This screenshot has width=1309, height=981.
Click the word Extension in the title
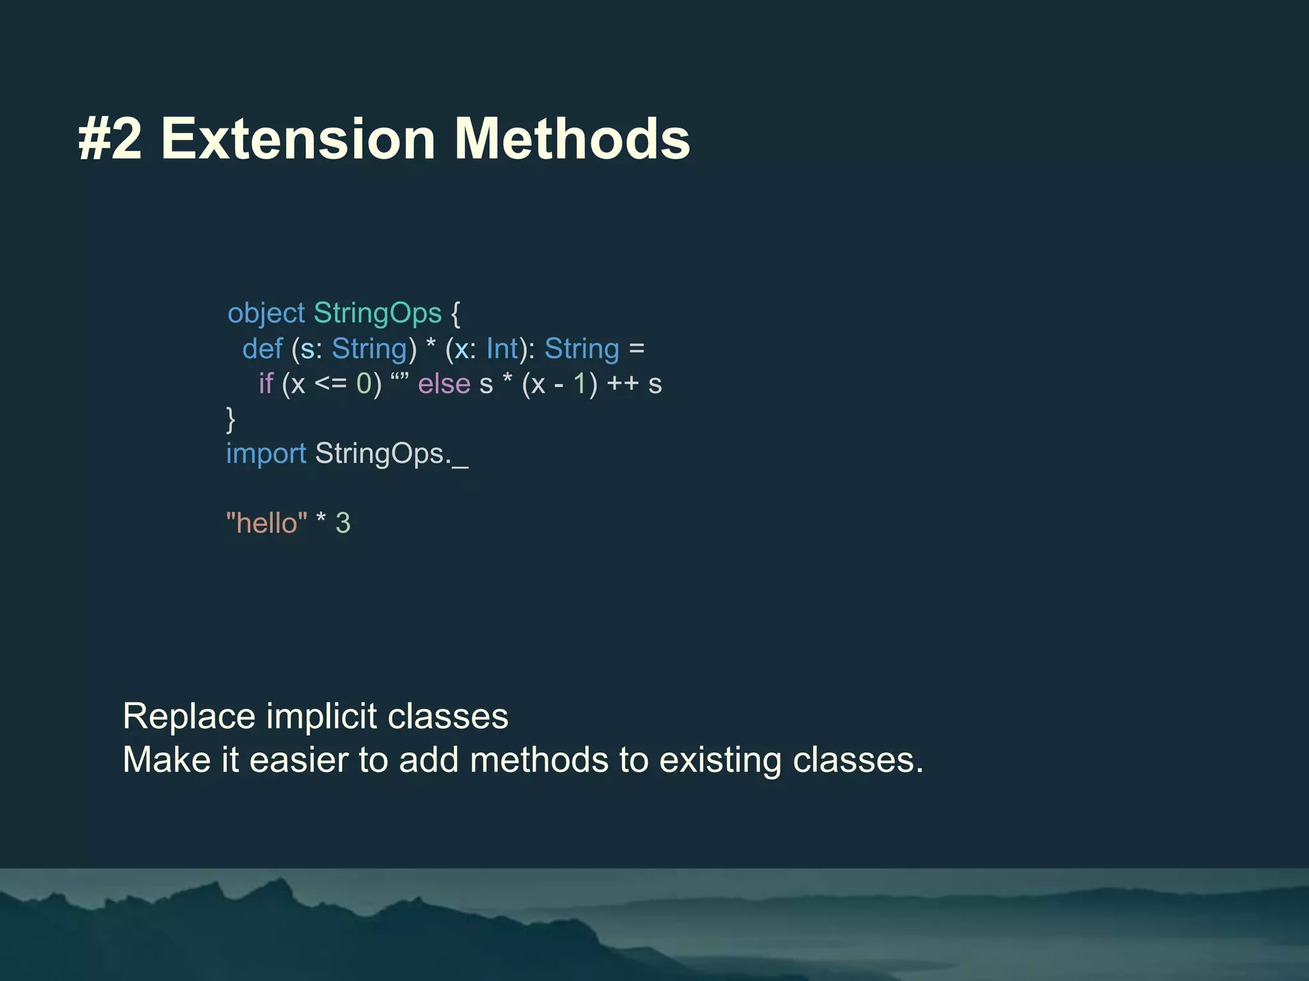click(x=298, y=139)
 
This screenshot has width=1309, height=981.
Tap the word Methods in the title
click(x=572, y=139)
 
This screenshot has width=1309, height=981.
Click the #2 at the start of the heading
click(x=109, y=139)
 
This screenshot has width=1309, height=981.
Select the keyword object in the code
click(x=267, y=314)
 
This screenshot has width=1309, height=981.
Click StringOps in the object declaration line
click(x=377, y=314)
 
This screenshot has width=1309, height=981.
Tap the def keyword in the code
click(x=262, y=349)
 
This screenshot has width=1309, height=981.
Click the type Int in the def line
click(x=502, y=349)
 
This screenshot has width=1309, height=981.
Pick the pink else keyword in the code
click(x=444, y=384)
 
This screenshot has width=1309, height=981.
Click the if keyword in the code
click(x=265, y=384)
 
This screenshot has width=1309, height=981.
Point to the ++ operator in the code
click(x=623, y=384)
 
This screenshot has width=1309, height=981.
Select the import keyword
click(x=267, y=454)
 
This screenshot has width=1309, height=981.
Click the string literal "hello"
click(x=267, y=523)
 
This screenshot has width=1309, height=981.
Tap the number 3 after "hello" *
click(x=343, y=523)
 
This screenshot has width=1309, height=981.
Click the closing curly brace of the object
click(x=231, y=420)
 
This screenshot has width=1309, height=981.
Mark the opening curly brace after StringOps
click(x=455, y=314)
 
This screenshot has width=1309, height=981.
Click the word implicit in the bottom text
click(x=321, y=716)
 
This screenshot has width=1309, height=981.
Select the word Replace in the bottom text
click(x=189, y=716)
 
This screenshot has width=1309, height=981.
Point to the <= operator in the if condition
click(x=330, y=384)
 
